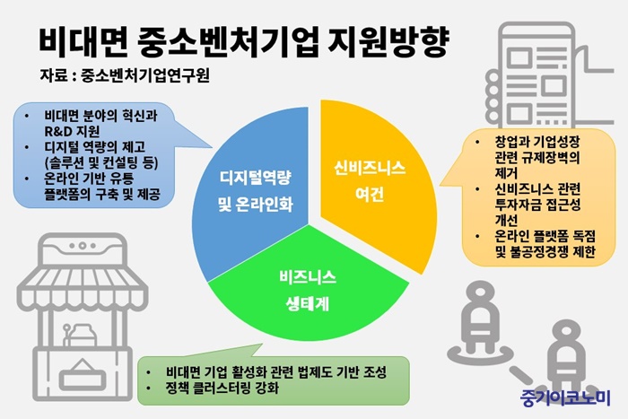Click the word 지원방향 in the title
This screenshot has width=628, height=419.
[388, 41]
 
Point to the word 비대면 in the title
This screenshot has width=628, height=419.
[83, 41]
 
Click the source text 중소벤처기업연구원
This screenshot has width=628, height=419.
[145, 74]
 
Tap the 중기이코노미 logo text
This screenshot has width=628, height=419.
[565, 397]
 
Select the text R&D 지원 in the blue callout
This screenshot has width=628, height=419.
[72, 131]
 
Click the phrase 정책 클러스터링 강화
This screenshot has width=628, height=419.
[222, 388]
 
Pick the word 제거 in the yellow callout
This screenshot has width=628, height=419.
[506, 173]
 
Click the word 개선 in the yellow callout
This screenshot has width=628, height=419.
[506, 220]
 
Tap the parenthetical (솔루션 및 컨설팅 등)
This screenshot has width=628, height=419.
[101, 162]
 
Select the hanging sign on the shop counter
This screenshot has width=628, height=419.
[83, 375]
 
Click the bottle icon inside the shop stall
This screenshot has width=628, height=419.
[83, 335]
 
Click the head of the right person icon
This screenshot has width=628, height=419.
[568, 330]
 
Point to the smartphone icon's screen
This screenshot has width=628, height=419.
[536, 84]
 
